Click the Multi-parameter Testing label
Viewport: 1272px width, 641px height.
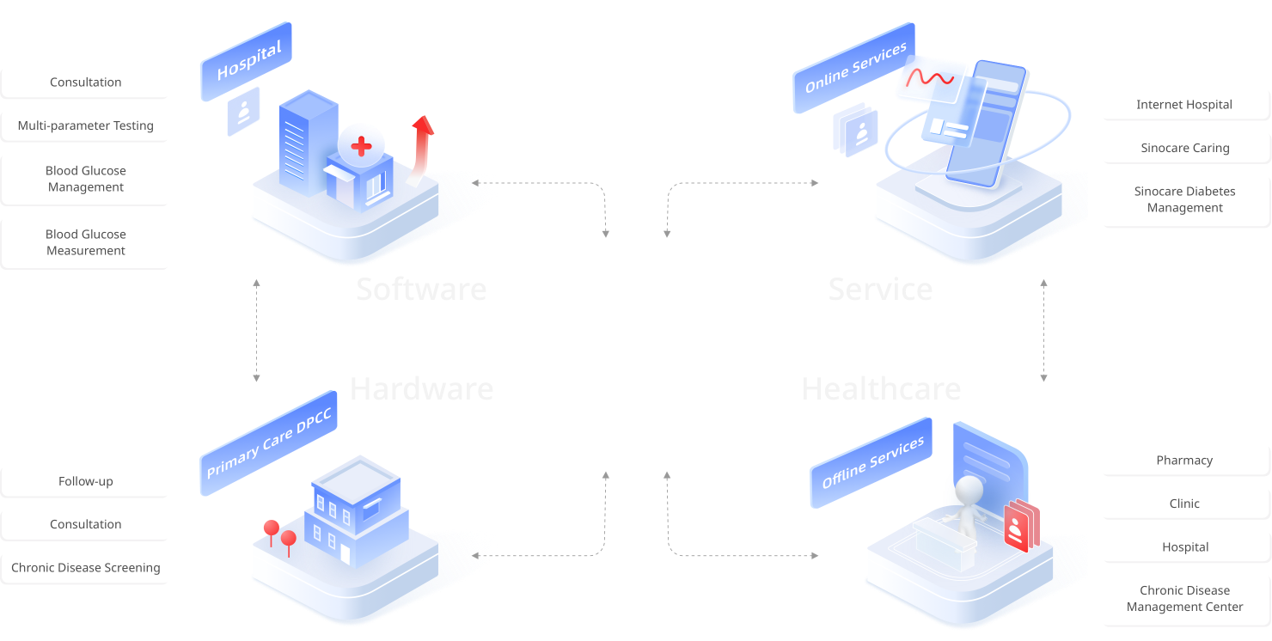click(x=86, y=125)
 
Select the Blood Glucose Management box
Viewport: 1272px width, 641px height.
click(x=86, y=179)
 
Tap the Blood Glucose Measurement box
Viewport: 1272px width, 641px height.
click(x=86, y=242)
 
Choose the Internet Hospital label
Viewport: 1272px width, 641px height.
click(x=1184, y=105)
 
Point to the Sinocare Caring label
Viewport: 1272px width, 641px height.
click(x=1184, y=148)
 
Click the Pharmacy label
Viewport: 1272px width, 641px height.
click(x=1184, y=461)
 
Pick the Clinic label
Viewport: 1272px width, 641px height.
click(x=1184, y=504)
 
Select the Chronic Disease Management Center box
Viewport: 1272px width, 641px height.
click(x=1184, y=599)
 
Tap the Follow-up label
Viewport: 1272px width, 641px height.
click(x=86, y=481)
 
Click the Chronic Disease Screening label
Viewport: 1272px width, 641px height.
click(x=86, y=568)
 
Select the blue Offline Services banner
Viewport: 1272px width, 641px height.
click(x=871, y=461)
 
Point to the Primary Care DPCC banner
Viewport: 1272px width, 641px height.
click(x=268, y=445)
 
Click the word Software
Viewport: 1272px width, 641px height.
click(x=421, y=290)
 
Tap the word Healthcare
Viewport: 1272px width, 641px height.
click(x=881, y=389)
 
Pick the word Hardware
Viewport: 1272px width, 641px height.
click(x=421, y=389)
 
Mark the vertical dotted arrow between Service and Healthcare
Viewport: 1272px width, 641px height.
click(x=1043, y=330)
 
